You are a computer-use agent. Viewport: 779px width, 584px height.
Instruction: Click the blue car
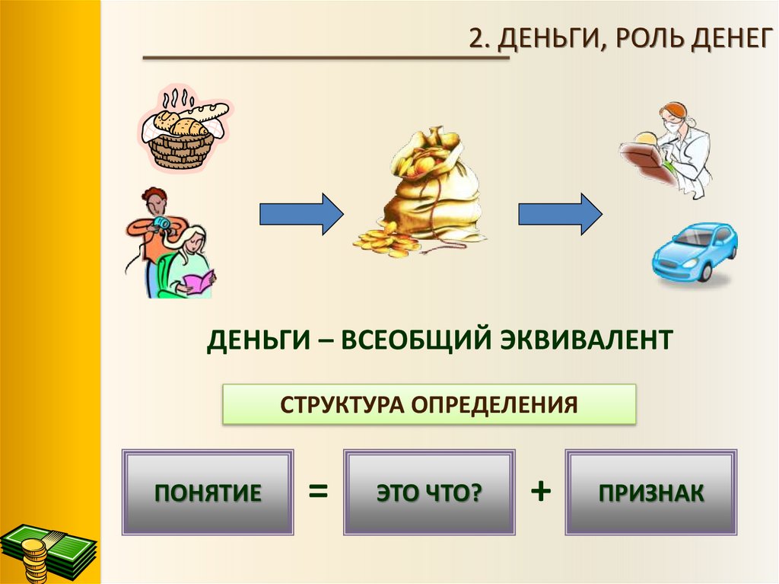click(x=695, y=251)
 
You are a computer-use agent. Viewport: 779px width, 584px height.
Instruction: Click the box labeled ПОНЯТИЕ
click(x=208, y=492)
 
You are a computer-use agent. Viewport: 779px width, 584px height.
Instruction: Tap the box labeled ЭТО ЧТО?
click(x=429, y=492)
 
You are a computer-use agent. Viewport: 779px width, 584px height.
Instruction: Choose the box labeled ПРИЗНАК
click(x=650, y=492)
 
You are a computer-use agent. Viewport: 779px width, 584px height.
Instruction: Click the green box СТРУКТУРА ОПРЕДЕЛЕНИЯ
click(x=428, y=404)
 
